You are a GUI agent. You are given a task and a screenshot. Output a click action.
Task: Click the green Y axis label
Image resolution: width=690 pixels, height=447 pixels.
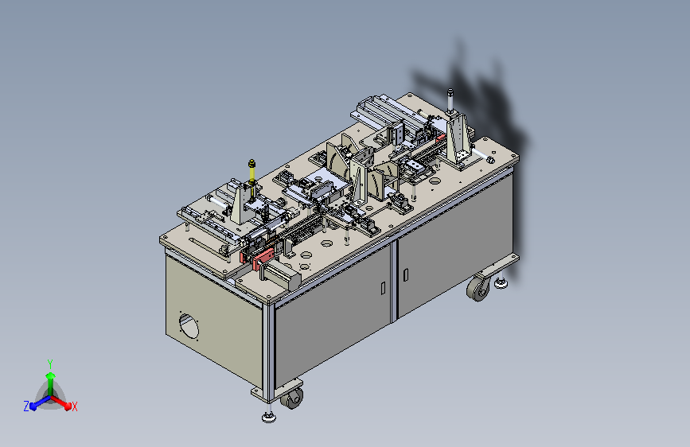[x=50, y=363]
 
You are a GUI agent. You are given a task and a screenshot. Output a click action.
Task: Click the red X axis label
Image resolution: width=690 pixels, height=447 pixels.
[x=74, y=406]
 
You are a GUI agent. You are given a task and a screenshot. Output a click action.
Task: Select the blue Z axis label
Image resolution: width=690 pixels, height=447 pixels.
[x=26, y=406]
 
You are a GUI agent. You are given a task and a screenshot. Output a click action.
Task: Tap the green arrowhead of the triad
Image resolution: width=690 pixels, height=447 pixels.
[x=51, y=375]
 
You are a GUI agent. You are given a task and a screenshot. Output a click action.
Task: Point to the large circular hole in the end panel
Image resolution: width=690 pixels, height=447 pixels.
[x=189, y=325]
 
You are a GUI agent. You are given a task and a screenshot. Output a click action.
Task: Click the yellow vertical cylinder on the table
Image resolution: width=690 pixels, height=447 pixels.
[x=251, y=178]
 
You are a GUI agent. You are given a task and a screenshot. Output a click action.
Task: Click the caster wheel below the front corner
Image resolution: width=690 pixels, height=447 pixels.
[x=292, y=398]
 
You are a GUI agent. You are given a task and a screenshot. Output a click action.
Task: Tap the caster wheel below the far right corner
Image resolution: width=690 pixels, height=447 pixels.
[x=478, y=290]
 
